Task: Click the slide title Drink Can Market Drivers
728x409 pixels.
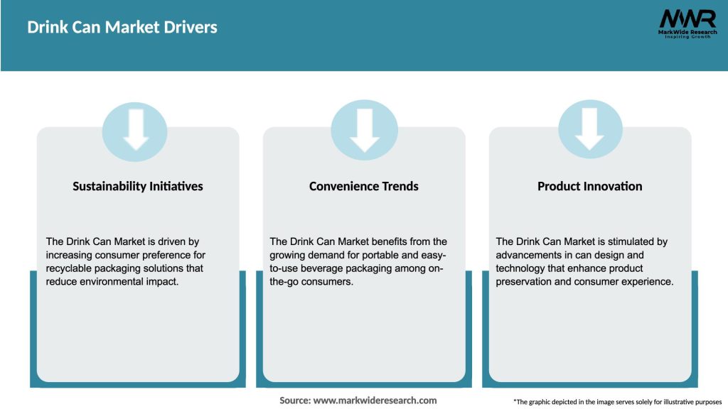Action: [122, 28]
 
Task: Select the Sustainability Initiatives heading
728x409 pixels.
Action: [138, 186]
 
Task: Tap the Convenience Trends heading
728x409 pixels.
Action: [364, 186]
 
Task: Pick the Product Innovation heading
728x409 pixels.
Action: [590, 186]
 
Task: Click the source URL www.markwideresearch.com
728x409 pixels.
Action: [375, 400]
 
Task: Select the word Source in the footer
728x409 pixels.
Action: [294, 400]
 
